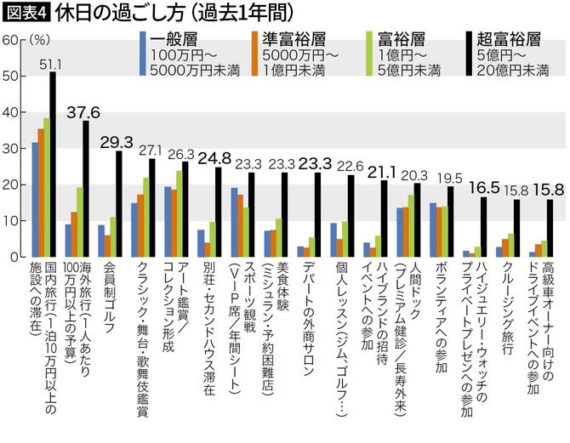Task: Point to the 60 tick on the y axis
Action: [10, 40]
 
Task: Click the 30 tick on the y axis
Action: [10, 148]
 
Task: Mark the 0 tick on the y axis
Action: [13, 256]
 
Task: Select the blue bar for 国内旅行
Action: [35, 199]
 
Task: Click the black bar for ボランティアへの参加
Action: [451, 221]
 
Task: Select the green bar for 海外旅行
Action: [79, 222]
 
